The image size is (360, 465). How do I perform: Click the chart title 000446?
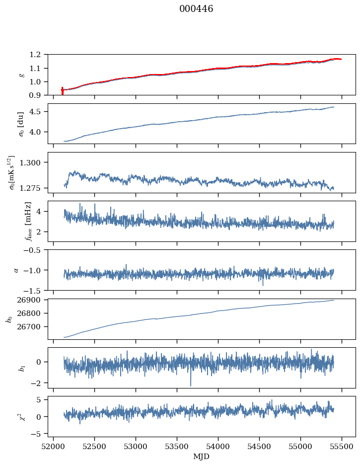[x=196, y=9]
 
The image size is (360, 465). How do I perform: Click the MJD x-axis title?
[x=201, y=457]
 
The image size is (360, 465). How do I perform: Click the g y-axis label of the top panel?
[x=21, y=75]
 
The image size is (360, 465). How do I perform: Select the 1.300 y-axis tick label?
[x=34, y=162]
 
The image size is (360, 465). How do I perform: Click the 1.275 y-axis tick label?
[x=34, y=188]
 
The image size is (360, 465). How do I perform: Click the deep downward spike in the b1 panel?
[x=190, y=386]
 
